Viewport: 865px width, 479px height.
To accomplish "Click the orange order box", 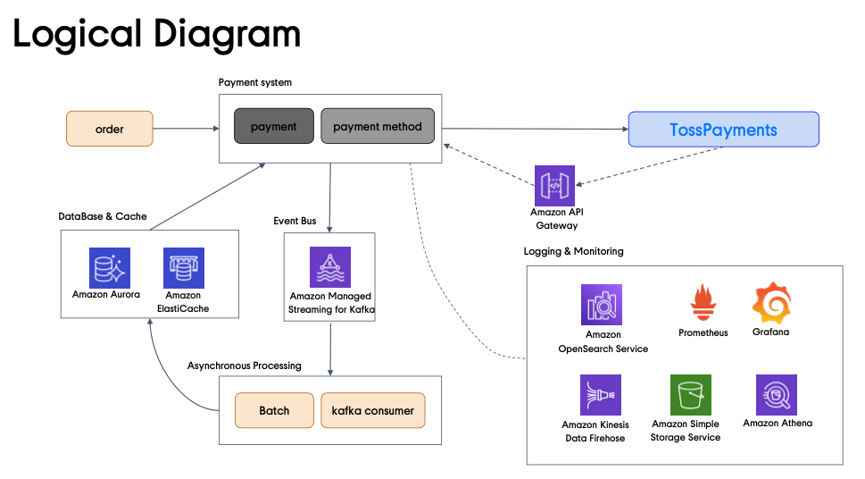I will point(110,129).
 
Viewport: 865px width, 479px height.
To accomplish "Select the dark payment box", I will point(273,127).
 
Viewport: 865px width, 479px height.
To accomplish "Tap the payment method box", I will point(378,127).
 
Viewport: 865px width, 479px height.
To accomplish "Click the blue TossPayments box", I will point(723,130).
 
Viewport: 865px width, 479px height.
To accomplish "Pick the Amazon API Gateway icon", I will point(554,185).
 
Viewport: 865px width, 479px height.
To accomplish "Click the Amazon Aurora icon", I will point(110,267).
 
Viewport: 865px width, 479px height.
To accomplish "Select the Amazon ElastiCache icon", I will point(184,267).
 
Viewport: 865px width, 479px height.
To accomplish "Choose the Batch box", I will point(274,410).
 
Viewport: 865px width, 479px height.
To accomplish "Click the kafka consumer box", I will point(372,410).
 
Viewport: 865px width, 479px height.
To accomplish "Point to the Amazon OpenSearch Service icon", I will point(601,305).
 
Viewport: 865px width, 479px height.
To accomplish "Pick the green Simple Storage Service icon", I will point(691,395).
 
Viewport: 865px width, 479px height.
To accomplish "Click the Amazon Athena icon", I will point(777,394).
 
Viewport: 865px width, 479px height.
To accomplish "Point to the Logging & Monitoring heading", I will point(573,251).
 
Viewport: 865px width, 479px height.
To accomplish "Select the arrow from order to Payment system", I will point(186,129).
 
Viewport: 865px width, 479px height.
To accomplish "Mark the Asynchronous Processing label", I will point(245,366).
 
